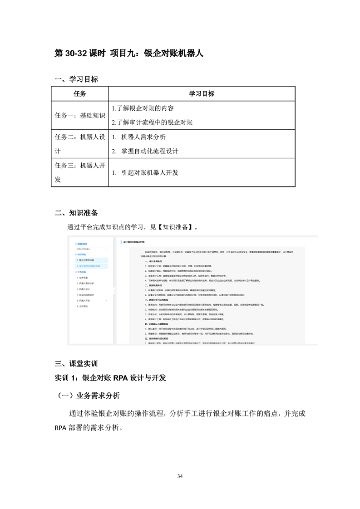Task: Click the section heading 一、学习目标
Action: point(76,79)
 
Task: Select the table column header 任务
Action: point(79,94)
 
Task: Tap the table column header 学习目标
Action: point(202,94)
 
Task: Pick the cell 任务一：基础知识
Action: point(79,115)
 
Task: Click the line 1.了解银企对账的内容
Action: point(143,108)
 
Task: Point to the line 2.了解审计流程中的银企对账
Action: point(152,122)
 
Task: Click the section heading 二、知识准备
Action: point(76,213)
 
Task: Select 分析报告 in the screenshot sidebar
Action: point(84,307)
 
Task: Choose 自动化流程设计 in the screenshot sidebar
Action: point(87,294)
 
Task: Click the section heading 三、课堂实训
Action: point(76,363)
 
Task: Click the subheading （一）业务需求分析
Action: point(87,396)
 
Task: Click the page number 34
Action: point(180,476)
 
